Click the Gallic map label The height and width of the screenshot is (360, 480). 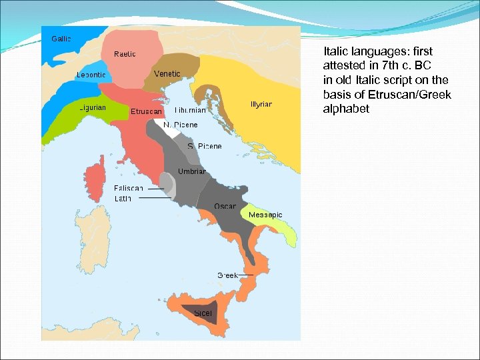tap(61, 38)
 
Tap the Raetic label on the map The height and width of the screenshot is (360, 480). tap(125, 53)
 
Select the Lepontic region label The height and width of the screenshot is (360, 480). tap(91, 75)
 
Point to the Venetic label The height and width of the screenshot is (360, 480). tap(167, 73)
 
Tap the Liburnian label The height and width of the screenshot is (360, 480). tap(190, 110)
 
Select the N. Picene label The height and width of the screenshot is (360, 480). tap(181, 125)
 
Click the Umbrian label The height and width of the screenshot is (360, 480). tap(192, 171)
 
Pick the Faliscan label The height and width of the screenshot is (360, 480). tap(129, 188)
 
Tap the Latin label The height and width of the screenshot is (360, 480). tap(123, 198)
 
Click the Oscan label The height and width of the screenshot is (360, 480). tap(225, 206)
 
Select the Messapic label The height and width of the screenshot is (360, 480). tap(265, 215)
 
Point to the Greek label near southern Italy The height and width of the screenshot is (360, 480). tap(228, 275)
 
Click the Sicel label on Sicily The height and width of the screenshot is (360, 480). tap(203, 313)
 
